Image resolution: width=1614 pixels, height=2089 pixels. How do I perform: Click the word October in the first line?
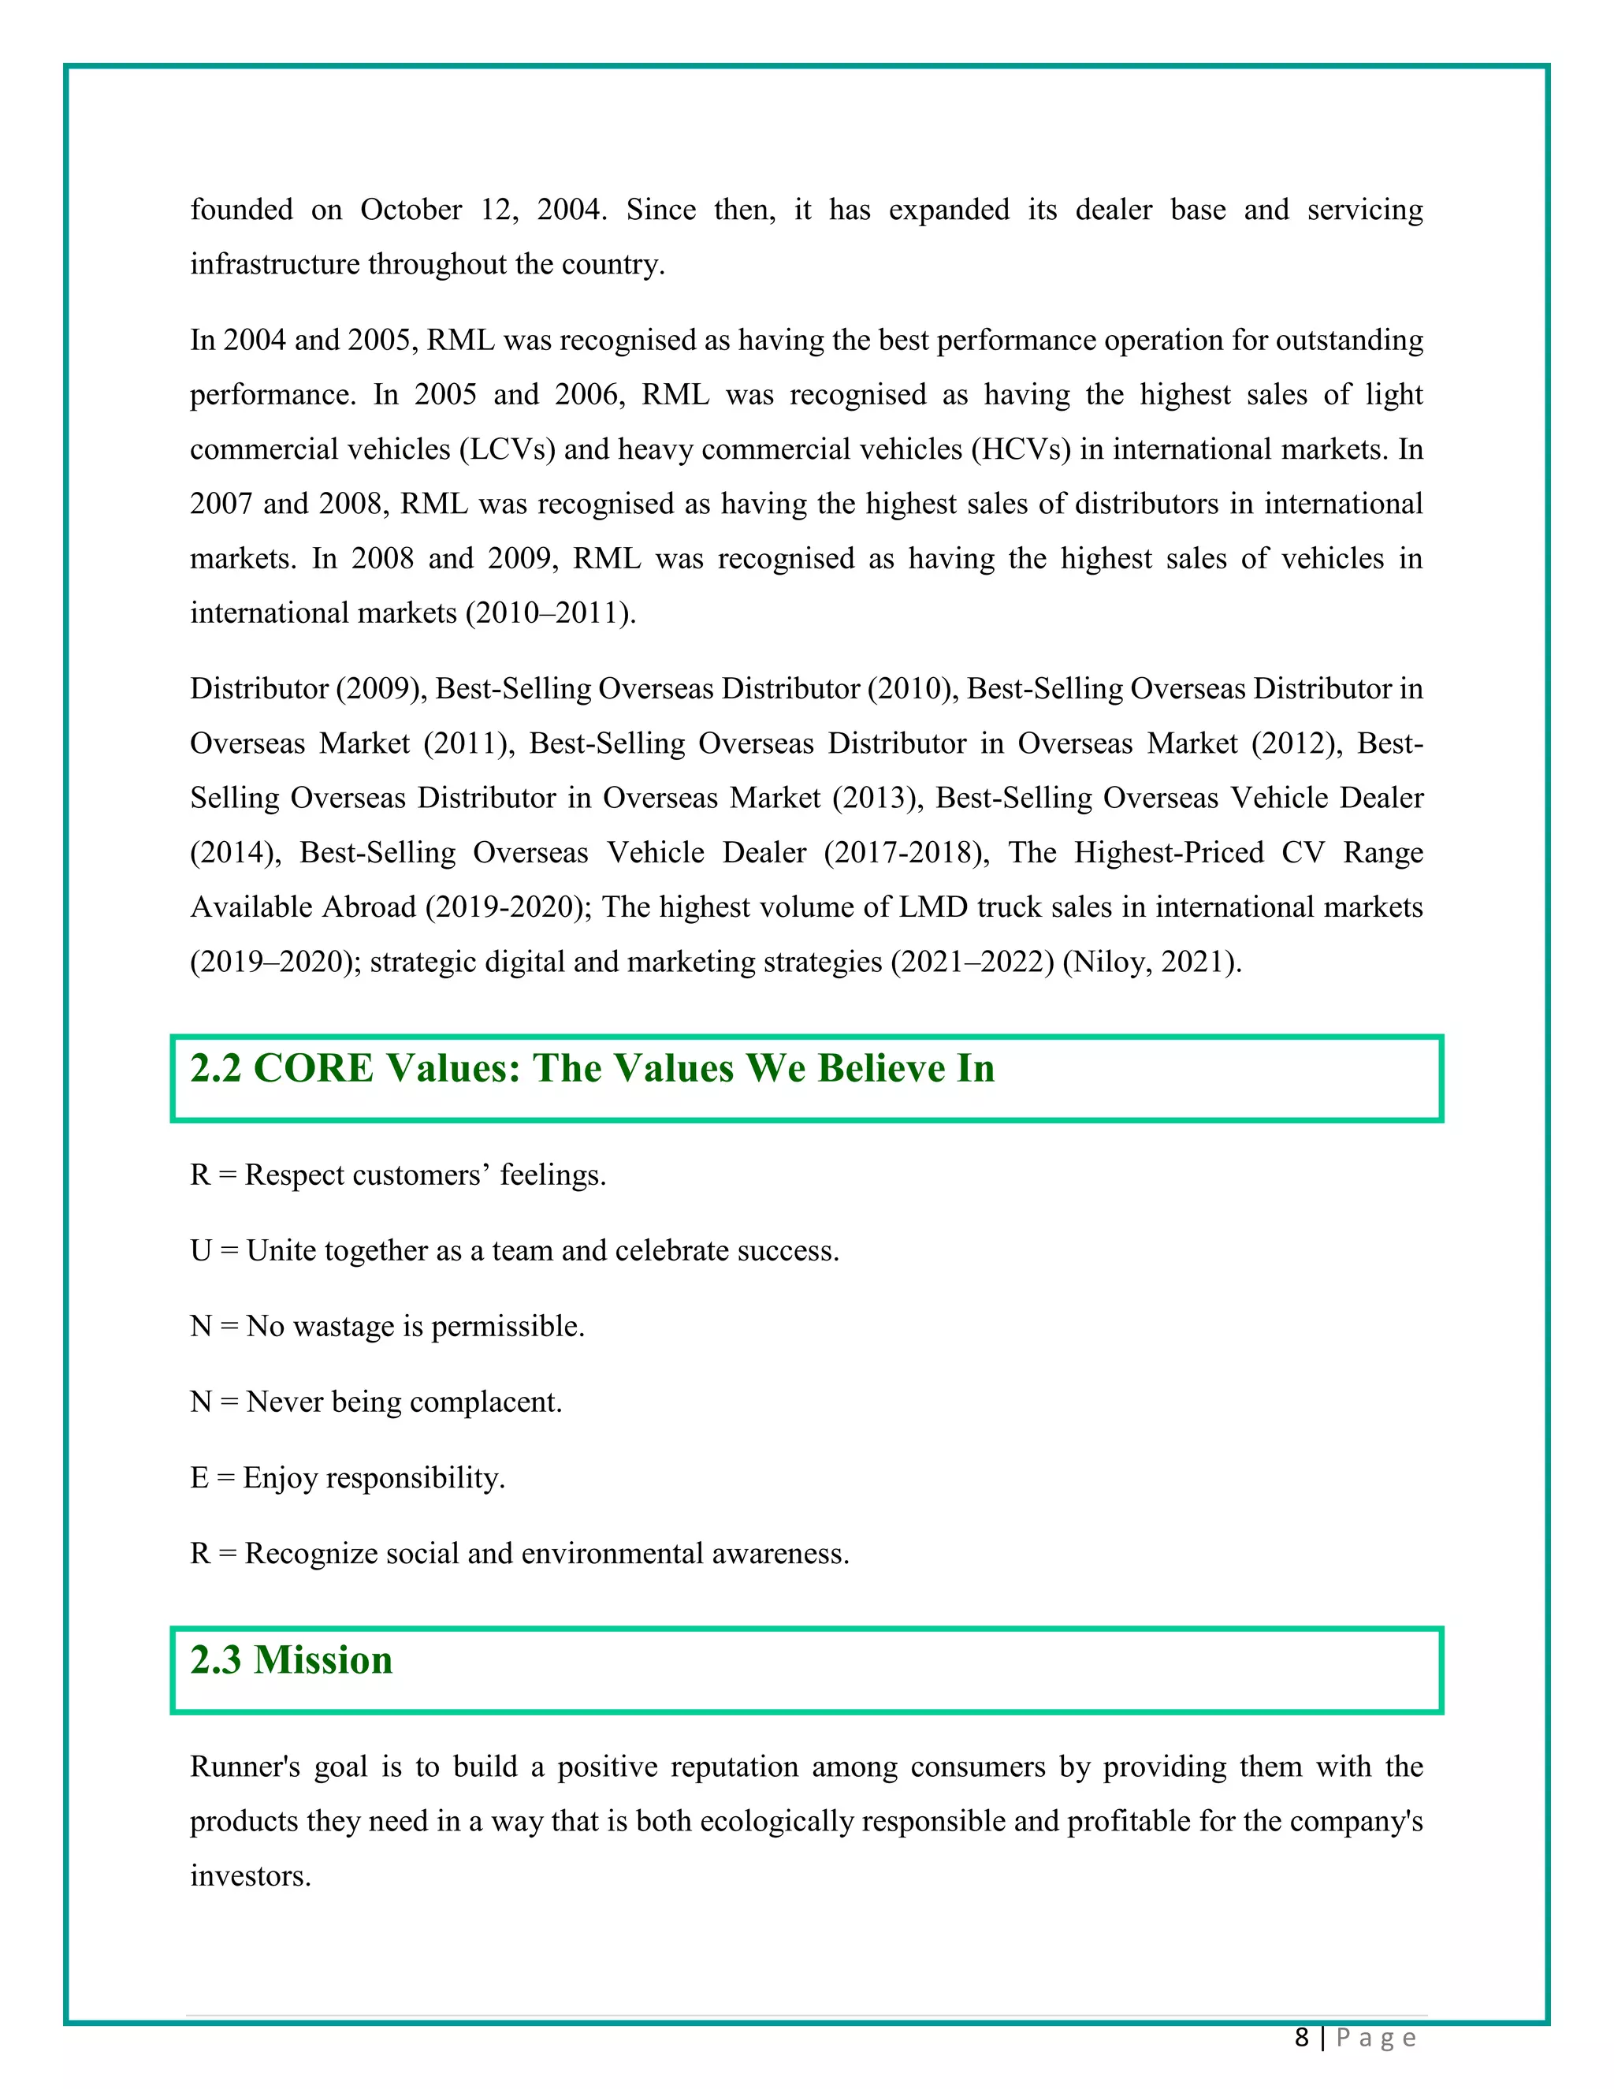[x=410, y=210]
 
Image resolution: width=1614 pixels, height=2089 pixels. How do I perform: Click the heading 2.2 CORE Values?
[x=592, y=1068]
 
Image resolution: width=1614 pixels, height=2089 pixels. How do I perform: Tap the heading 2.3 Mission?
[x=291, y=1659]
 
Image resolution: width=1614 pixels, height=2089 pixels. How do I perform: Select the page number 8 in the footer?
[x=1301, y=2037]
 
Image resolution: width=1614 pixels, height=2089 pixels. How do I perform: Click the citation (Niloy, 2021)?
[x=1151, y=961]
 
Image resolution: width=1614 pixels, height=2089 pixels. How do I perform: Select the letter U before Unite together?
[x=200, y=1251]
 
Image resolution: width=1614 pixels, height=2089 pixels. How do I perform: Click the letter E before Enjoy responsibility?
[x=199, y=1478]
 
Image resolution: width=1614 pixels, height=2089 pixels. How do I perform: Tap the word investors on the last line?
[x=250, y=1875]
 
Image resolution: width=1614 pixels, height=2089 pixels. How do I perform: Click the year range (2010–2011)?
[x=550, y=613]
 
